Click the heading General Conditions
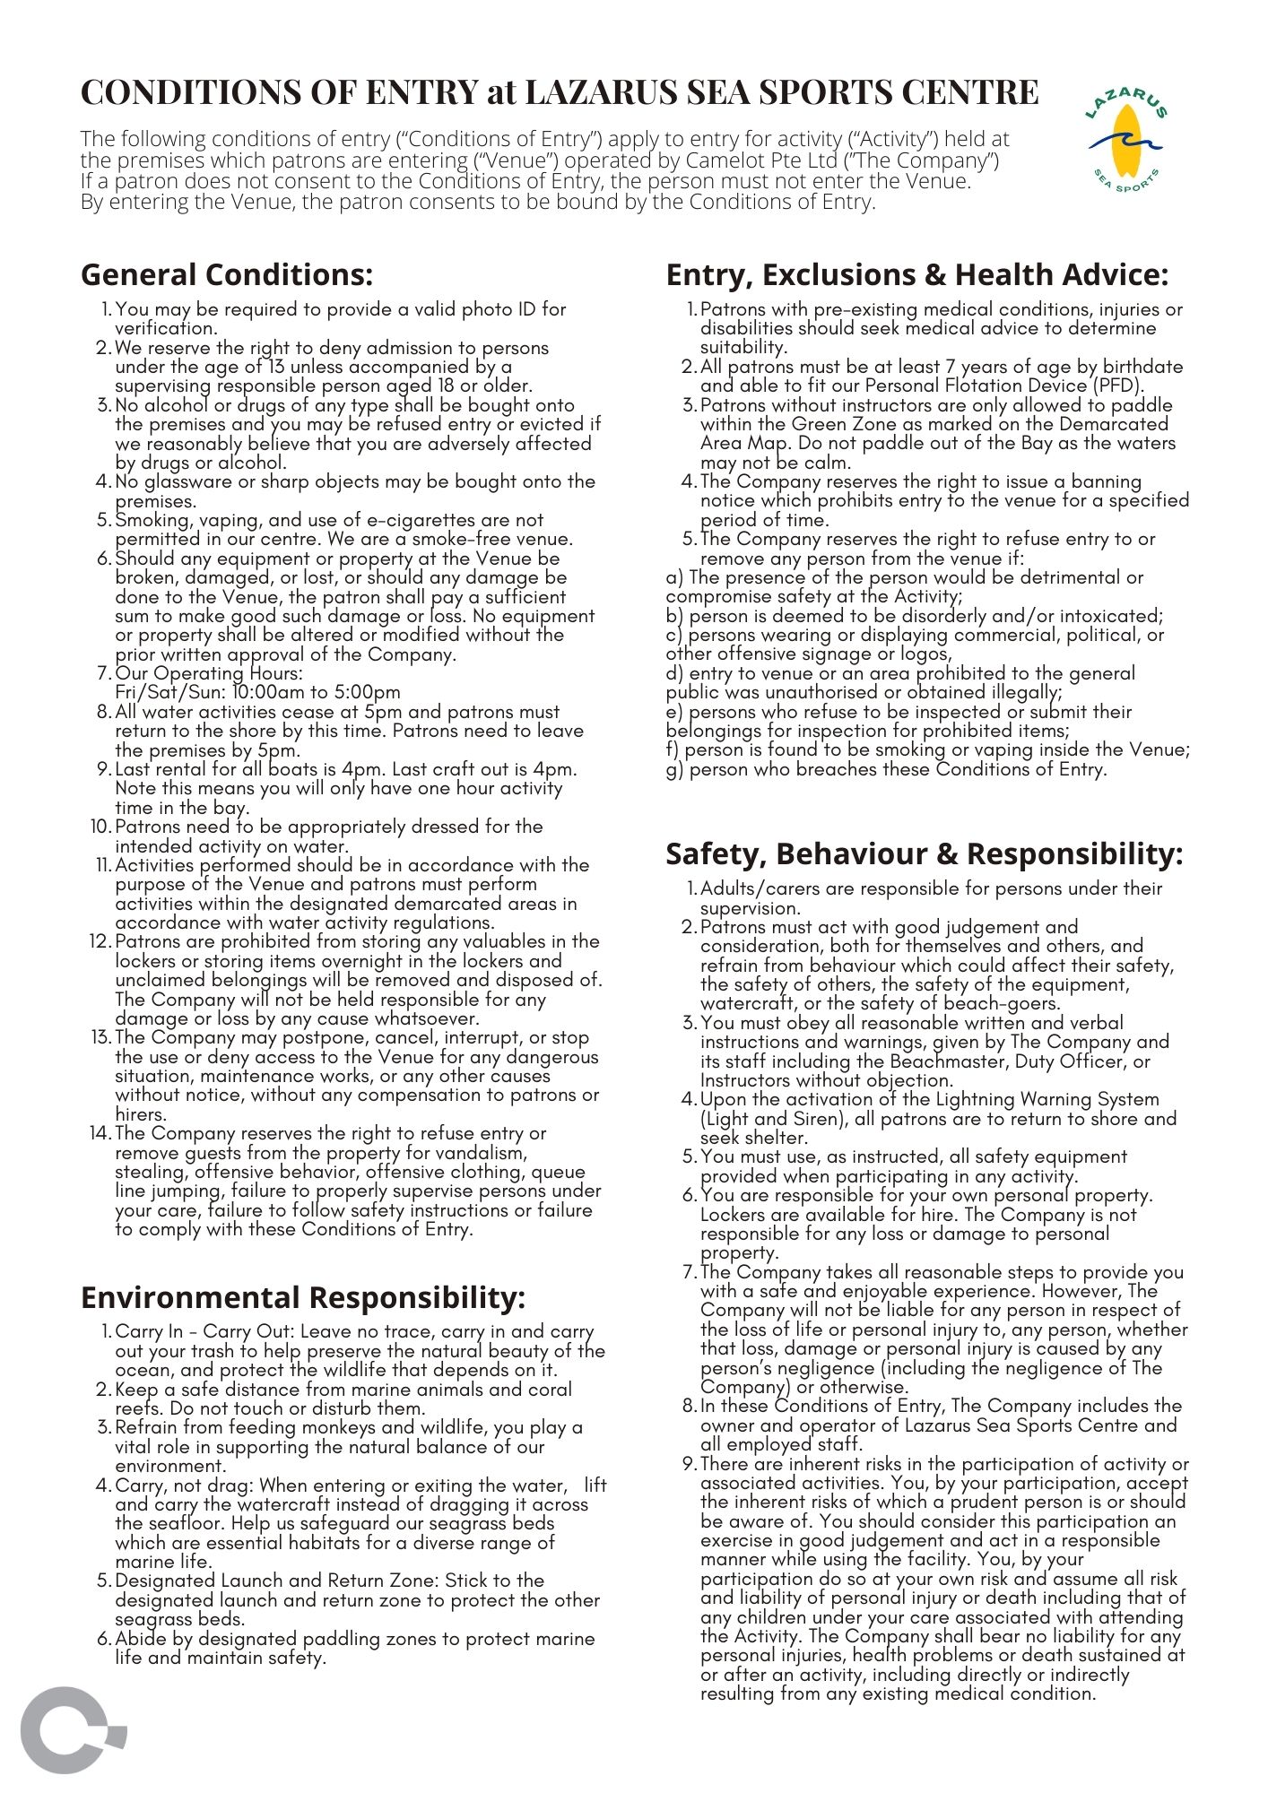[x=226, y=274]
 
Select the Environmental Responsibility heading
[x=302, y=1297]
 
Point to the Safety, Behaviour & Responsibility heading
[x=924, y=854]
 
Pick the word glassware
[x=189, y=481]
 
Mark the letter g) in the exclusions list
[x=674, y=769]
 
